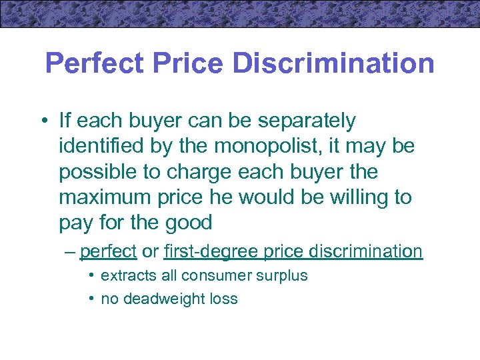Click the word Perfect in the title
click(x=95, y=64)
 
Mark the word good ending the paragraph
click(x=189, y=223)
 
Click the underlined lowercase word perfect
click(x=108, y=251)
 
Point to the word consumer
click(x=215, y=276)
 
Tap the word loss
click(x=223, y=299)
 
